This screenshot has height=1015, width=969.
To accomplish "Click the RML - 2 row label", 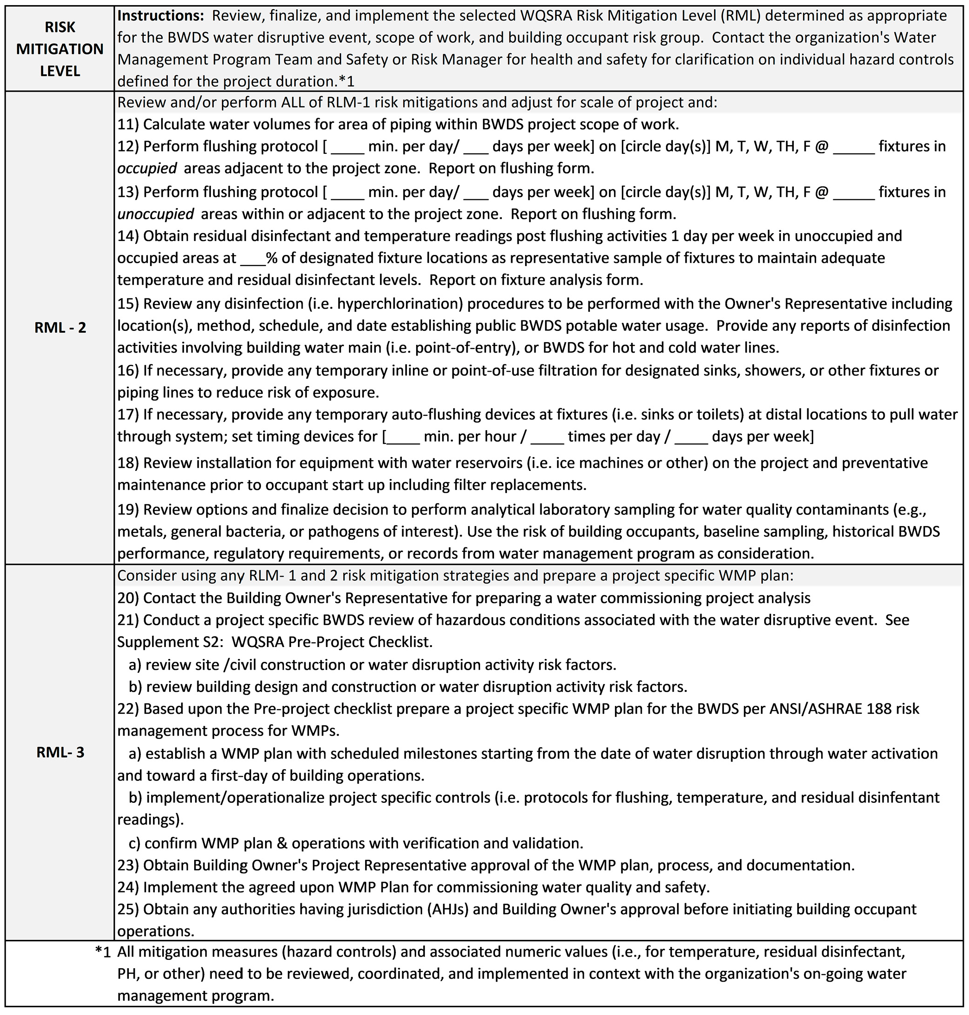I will [60, 328].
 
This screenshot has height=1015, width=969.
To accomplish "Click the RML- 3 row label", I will [60, 752].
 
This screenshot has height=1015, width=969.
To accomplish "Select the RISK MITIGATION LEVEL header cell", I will [60, 49].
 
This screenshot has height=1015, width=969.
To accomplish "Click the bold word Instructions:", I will [161, 15].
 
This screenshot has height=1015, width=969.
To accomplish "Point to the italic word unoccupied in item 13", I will [155, 214].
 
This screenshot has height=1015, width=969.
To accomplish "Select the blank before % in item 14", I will [253, 258].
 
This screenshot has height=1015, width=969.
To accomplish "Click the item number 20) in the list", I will [127, 597].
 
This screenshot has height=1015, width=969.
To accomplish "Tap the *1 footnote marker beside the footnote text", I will [103, 952].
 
